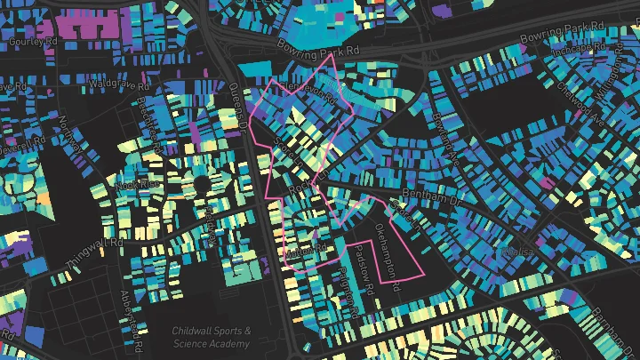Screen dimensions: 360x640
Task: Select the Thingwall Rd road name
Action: click(94, 253)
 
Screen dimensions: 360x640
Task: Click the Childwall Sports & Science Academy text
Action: click(212, 337)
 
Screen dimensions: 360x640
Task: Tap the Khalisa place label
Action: click(518, 252)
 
